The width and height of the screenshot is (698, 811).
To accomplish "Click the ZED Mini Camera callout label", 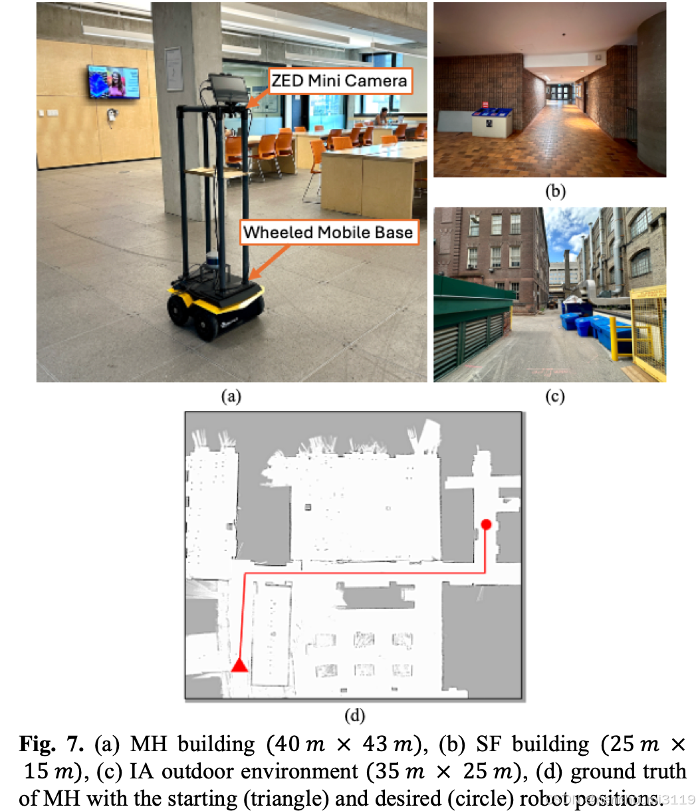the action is pos(338,81).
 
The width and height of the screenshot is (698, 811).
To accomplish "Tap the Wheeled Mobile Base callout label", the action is pos(328,233).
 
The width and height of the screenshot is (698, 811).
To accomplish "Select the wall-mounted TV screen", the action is pos(114,82).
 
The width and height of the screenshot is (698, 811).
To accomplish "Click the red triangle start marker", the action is pos(239,664).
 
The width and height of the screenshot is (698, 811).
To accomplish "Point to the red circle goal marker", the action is pos(486,524).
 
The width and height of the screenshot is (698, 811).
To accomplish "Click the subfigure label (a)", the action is pos(231,396).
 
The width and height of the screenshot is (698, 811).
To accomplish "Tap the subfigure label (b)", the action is pos(554,191).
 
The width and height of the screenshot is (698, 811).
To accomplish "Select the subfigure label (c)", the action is pos(554,396).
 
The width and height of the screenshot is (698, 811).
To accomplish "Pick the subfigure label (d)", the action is pos(354,715).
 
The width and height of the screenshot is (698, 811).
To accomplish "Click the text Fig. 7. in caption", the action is pos(55,744).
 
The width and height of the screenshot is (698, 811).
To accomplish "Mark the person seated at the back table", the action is pos(384,118).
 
